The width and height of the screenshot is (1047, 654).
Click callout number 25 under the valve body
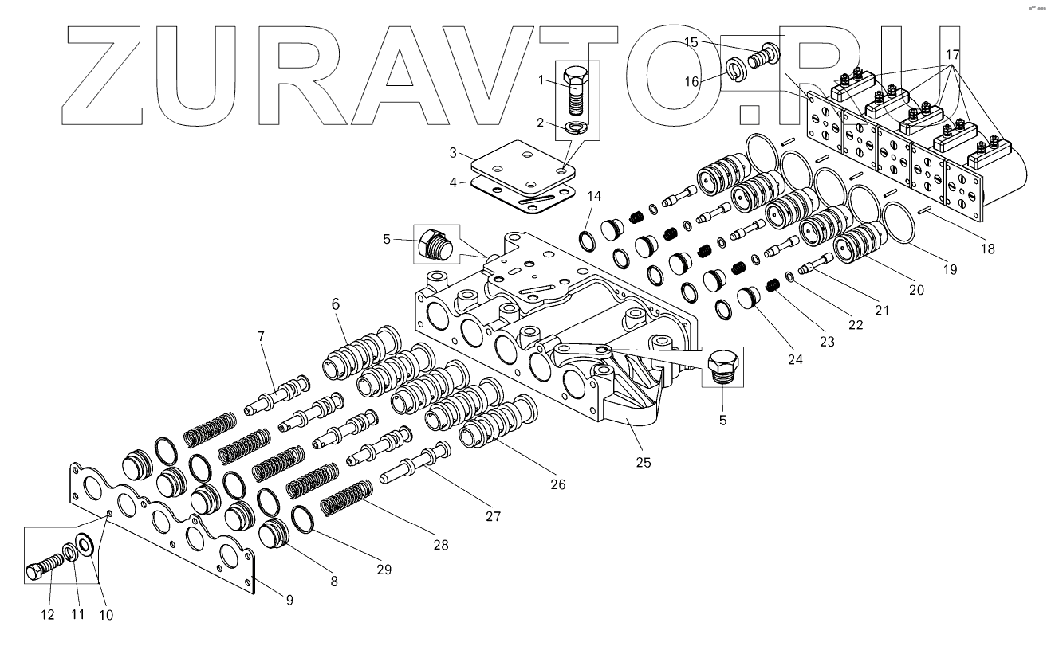[x=644, y=462]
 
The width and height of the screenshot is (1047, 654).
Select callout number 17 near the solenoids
[x=952, y=56]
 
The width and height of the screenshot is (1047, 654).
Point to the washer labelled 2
[x=573, y=127]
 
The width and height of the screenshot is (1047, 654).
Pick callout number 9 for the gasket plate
[x=289, y=598]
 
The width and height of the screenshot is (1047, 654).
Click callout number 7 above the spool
[x=260, y=337]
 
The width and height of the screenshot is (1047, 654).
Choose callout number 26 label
[x=557, y=484]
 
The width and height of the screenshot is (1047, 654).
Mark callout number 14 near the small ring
[x=595, y=196]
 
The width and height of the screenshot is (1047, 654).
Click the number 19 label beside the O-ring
[x=949, y=269]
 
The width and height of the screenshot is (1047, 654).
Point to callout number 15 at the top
[x=691, y=42]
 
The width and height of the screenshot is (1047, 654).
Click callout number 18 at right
[x=987, y=249]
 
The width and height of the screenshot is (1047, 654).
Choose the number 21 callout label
[x=881, y=311]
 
